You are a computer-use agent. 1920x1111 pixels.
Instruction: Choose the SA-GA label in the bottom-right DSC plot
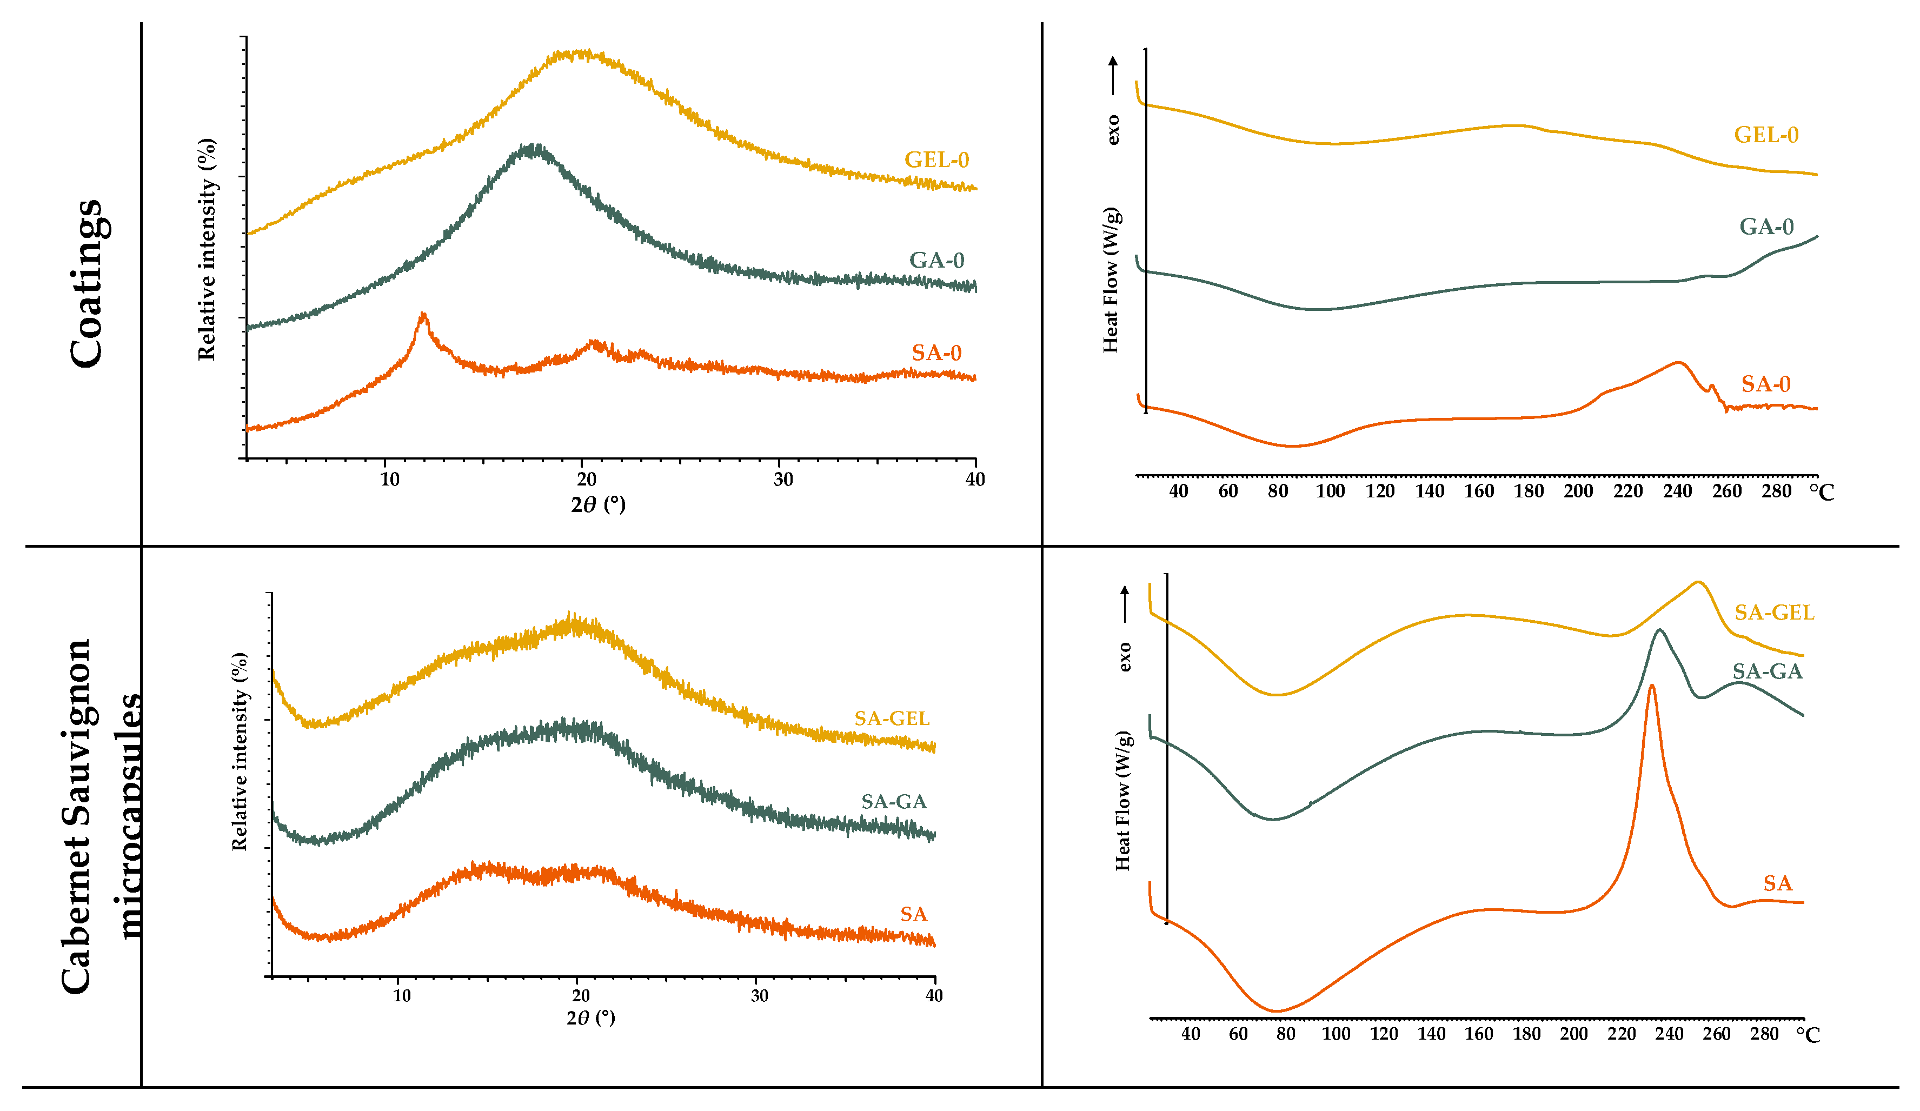pyautogui.click(x=1767, y=671)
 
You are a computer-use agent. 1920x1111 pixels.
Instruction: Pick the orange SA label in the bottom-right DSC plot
pyautogui.click(x=1777, y=883)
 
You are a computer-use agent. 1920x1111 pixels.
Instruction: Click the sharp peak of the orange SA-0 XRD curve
pyautogui.click(x=423, y=315)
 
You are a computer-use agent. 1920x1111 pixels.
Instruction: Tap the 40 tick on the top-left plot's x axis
pyautogui.click(x=974, y=480)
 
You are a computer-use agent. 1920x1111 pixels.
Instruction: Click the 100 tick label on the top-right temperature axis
pyautogui.click(x=1330, y=491)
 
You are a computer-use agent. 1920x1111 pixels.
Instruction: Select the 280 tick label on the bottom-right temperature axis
pyautogui.click(x=1763, y=1034)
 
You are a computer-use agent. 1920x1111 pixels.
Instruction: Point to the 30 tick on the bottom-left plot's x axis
pyautogui.click(x=759, y=995)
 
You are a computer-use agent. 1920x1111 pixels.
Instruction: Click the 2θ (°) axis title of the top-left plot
pyautogui.click(x=597, y=504)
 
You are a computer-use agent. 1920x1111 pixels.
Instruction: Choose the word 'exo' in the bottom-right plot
pyautogui.click(x=1125, y=657)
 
